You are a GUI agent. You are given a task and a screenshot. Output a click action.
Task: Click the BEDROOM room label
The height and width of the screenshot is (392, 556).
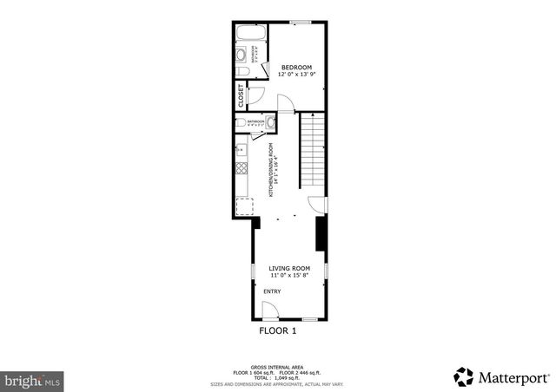click(295, 68)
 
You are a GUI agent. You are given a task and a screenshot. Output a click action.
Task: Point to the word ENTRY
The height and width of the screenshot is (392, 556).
click(272, 291)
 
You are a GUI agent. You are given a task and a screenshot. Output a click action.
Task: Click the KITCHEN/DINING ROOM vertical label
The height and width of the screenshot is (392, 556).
click(271, 169)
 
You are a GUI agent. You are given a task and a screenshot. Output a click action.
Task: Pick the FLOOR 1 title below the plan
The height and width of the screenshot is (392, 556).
click(278, 330)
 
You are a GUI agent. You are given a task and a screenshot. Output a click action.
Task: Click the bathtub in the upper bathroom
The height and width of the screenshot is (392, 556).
click(250, 36)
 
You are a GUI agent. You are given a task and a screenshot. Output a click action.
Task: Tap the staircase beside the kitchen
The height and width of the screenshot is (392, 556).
click(313, 152)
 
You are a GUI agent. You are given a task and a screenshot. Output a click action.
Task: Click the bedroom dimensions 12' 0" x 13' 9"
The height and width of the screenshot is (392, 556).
click(295, 75)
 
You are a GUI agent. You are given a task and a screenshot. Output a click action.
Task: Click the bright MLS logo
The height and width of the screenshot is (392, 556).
click(32, 380)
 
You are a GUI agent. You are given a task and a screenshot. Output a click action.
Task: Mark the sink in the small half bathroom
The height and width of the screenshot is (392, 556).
click(270, 121)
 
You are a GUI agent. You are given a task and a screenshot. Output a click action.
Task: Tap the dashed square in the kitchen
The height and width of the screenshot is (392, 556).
click(246, 206)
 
